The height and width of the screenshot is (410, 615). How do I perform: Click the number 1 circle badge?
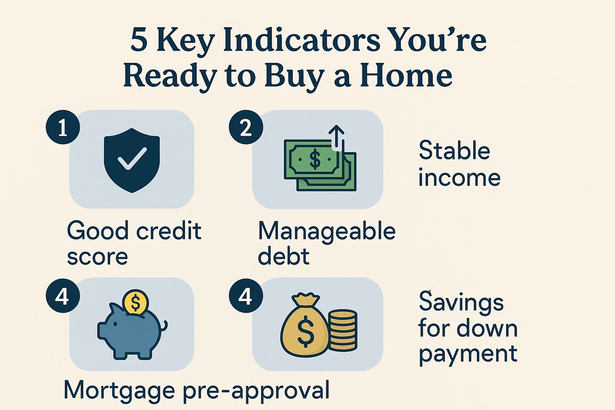click(x=63, y=127)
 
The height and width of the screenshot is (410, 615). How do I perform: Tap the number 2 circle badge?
click(x=245, y=127)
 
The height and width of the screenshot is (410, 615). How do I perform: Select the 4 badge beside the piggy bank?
click(x=63, y=297)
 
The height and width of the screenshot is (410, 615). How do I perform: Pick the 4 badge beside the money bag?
click(x=245, y=297)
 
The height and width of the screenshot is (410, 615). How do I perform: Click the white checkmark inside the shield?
click(x=132, y=159)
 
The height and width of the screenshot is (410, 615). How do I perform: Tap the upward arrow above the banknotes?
click(x=336, y=136)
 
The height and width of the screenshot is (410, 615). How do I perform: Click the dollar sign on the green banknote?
click(x=315, y=159)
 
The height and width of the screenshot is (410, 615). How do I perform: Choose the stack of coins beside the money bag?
click(x=343, y=331)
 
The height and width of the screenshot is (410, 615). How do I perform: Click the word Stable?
click(x=454, y=151)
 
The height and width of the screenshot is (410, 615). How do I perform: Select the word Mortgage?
click(x=119, y=390)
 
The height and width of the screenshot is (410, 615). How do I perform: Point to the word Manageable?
click(x=327, y=231)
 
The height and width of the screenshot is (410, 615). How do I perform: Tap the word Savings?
click(x=461, y=302)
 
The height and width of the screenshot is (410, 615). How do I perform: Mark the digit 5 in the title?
click(x=139, y=40)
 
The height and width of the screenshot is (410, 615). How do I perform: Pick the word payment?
click(x=468, y=354)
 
